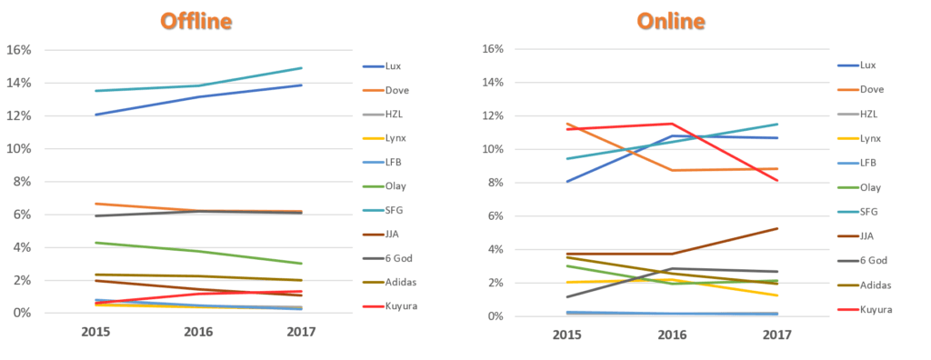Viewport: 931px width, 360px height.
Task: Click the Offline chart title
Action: [196, 21]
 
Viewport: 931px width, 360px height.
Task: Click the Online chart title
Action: [671, 21]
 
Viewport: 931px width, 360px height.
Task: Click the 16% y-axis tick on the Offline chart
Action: [18, 50]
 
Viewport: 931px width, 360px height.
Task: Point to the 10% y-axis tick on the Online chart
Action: [492, 149]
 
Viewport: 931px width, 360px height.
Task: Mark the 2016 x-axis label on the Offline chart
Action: [199, 332]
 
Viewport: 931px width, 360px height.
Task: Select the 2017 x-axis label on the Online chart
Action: [776, 335]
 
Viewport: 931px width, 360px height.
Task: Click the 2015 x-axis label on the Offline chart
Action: [95, 332]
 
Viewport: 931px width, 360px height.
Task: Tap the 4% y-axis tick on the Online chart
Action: [496, 249]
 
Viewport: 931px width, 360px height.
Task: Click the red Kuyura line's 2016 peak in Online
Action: [672, 124]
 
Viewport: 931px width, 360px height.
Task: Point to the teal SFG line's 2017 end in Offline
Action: [302, 67]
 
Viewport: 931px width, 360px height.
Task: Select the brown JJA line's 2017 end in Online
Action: [777, 228]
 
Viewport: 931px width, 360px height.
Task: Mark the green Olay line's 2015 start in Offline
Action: [95, 243]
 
